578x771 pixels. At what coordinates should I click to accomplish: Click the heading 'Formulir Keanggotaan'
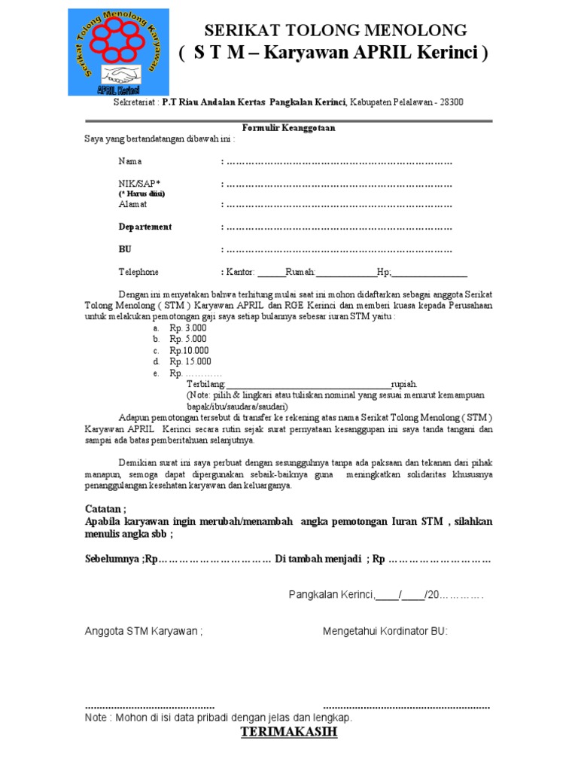coord(288,128)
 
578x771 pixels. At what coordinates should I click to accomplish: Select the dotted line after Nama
coord(339,162)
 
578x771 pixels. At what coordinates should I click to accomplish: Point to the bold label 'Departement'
coord(144,227)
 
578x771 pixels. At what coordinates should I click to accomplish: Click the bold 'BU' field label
coord(124,249)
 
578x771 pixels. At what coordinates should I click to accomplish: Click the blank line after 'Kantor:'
coord(271,273)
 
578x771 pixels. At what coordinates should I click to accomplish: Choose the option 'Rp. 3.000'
coord(187,328)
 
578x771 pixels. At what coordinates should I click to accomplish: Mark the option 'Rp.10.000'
coord(189,350)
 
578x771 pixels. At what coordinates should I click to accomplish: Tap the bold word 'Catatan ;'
coord(105,509)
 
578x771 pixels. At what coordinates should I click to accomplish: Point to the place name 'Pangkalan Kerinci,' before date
coord(331,596)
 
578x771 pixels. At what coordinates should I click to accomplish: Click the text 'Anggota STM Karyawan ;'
coord(143,631)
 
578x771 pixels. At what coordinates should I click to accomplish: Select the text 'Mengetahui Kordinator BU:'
coord(385,631)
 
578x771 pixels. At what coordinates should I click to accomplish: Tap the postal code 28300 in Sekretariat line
coord(450,102)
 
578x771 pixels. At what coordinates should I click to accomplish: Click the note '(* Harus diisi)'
coord(141,194)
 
